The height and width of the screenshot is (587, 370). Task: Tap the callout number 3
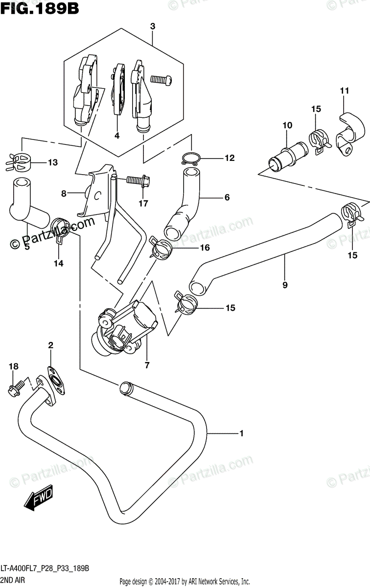[152, 27]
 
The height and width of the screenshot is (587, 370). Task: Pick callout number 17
[142, 203]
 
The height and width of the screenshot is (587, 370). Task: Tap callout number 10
[287, 126]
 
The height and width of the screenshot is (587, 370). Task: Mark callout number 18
[13, 366]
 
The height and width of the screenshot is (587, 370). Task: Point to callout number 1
[241, 433]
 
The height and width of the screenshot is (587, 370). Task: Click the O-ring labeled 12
[191, 158]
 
